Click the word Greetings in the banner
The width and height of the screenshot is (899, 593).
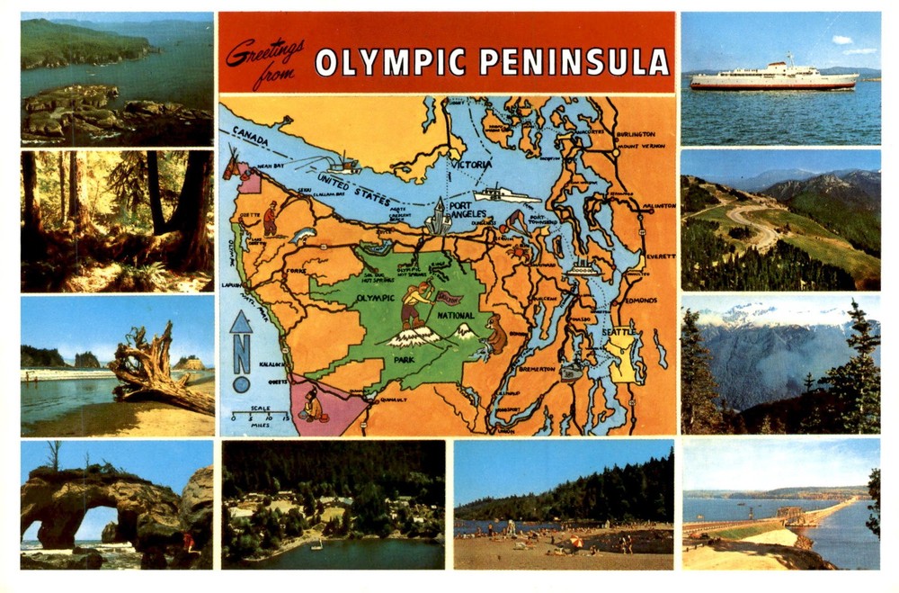(x=264, y=54)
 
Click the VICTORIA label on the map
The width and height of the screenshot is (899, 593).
(x=471, y=165)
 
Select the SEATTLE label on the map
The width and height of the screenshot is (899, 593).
(x=619, y=332)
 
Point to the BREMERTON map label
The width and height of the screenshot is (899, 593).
(x=539, y=368)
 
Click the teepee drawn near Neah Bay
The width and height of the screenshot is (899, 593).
(x=235, y=166)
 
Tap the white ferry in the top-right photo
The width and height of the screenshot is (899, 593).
(x=773, y=78)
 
